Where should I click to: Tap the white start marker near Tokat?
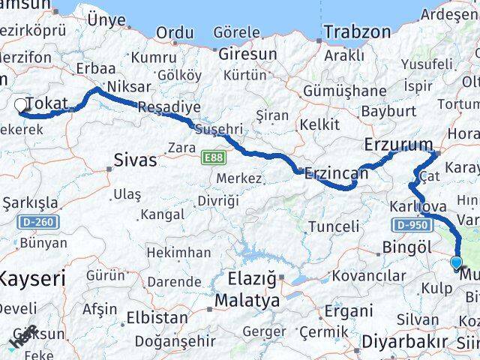click(20, 106)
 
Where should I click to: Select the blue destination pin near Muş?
click(456, 262)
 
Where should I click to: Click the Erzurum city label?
click(398, 145)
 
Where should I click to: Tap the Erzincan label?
click(337, 174)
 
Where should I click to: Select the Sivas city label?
click(136, 160)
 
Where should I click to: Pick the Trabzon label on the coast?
click(358, 32)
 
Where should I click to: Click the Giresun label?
click(247, 54)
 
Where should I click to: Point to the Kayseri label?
click(31, 278)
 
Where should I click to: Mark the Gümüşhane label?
click(345, 91)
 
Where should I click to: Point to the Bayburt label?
click(388, 110)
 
